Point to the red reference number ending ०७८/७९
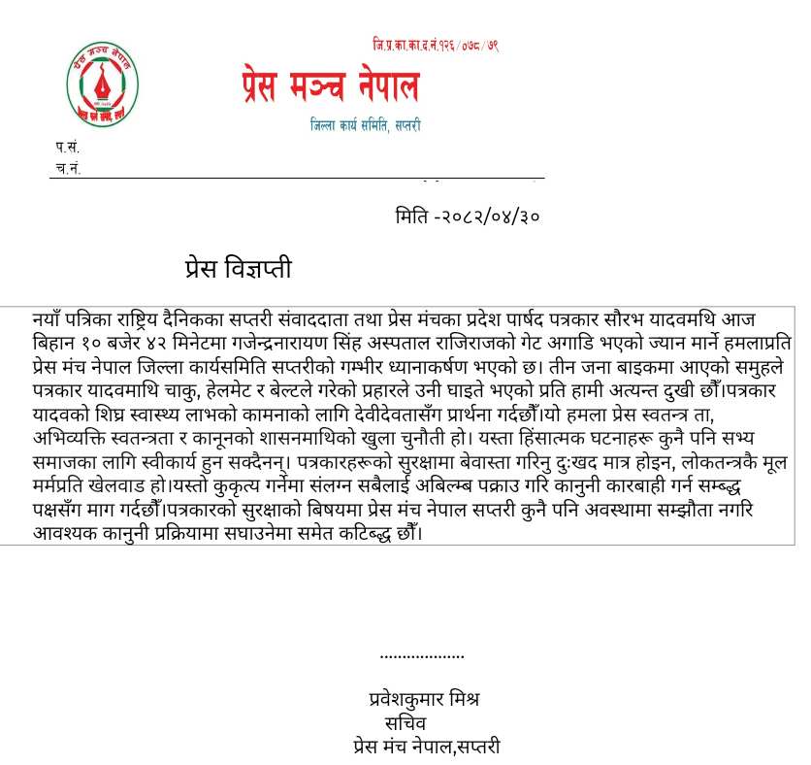coord(436,46)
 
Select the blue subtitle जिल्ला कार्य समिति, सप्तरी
coord(366,125)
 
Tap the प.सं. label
coord(67,148)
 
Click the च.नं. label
coord(67,168)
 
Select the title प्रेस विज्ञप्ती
coord(238,269)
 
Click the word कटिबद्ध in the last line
coord(350,532)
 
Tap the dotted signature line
coord(422,657)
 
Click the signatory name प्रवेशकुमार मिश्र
coord(425,699)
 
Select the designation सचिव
coord(405,723)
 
